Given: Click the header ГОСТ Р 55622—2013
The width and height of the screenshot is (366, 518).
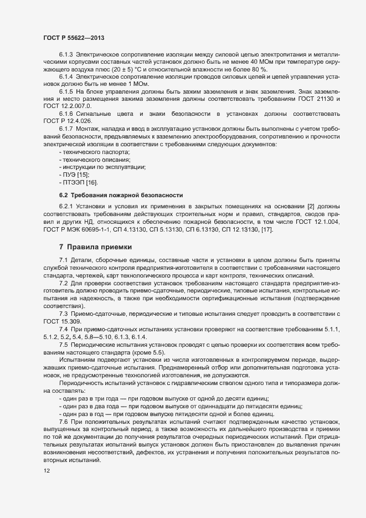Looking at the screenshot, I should click(x=74, y=38).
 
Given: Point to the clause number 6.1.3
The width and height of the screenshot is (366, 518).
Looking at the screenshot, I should click(x=66, y=54).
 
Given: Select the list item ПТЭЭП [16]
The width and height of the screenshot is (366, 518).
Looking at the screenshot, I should click(x=78, y=182).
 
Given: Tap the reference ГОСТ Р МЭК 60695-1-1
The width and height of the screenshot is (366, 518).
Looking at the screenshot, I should click(x=81, y=229).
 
